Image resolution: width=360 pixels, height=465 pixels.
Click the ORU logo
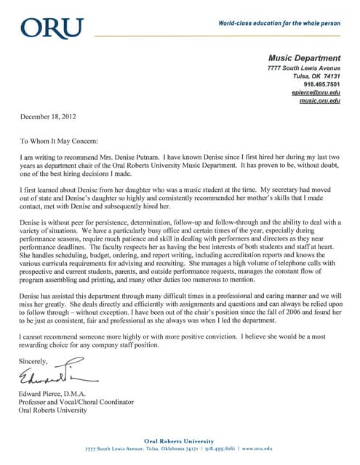pyautogui.click(x=52, y=29)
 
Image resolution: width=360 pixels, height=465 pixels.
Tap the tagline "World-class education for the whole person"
pyautogui.click(x=279, y=24)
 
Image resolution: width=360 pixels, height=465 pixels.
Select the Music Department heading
pyautogui.click(x=304, y=58)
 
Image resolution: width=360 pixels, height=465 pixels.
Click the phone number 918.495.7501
pyautogui.click(x=322, y=84)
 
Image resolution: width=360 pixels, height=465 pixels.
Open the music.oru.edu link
pyautogui.click(x=320, y=101)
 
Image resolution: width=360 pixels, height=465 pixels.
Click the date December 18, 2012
pyautogui.click(x=48, y=116)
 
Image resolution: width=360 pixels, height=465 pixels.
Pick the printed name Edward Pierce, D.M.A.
pyautogui.click(x=60, y=394)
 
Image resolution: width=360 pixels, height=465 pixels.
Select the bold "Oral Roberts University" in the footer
pyautogui.click(x=179, y=441)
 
